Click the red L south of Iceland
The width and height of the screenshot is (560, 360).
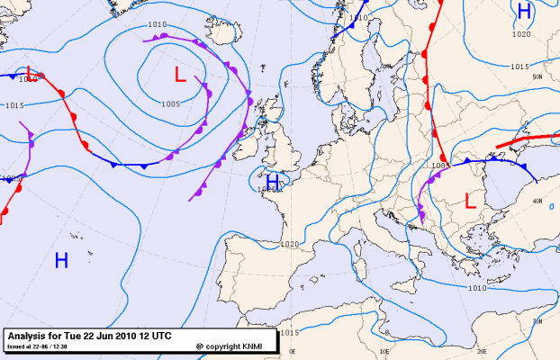180,76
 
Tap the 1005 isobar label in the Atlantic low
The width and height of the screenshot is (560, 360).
172,104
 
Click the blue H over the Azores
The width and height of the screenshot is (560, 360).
61,261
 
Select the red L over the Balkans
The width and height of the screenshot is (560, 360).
469,202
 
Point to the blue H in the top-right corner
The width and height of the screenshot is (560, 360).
524,11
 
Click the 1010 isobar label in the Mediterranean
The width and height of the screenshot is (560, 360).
477,288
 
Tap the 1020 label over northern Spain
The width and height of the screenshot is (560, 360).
289,245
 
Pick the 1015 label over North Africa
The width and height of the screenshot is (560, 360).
288,334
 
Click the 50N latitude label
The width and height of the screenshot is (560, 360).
537,77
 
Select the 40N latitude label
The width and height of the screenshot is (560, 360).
537,201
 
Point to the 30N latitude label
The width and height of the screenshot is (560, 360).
537,321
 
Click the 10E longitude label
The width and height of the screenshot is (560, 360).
384,352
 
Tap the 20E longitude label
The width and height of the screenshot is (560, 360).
481,352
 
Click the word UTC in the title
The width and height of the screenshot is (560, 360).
160,336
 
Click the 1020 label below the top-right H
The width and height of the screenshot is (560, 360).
520,34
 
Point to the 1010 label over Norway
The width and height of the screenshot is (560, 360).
359,17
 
